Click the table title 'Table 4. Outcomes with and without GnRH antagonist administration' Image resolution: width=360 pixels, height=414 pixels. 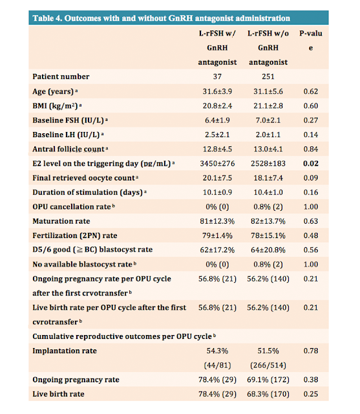161,18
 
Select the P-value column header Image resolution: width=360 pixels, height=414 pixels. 311,40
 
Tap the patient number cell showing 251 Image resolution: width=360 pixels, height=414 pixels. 268,76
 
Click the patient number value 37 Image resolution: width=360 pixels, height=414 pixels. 217,76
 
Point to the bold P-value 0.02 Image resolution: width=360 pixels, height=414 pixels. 311,164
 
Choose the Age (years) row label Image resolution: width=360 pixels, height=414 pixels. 55,91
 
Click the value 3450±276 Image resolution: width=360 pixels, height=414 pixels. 217,164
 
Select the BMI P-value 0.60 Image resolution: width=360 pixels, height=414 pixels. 311,106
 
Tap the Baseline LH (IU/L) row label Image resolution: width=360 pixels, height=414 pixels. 68,135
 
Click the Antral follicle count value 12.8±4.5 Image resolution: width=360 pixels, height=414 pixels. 217,149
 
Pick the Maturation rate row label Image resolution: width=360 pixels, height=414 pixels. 61,221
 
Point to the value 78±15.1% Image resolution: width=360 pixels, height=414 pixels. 268,235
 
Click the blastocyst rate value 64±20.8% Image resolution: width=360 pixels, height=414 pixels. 268,250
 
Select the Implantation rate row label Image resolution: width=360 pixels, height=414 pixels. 65,351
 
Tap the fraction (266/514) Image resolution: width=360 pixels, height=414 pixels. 268,365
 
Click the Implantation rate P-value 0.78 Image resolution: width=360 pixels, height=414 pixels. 311,351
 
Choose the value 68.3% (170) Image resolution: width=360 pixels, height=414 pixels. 268,394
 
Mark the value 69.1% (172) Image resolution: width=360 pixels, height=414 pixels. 268,380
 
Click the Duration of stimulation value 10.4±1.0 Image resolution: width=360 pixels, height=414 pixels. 268,193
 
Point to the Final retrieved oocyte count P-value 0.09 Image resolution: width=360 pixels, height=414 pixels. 311,178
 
